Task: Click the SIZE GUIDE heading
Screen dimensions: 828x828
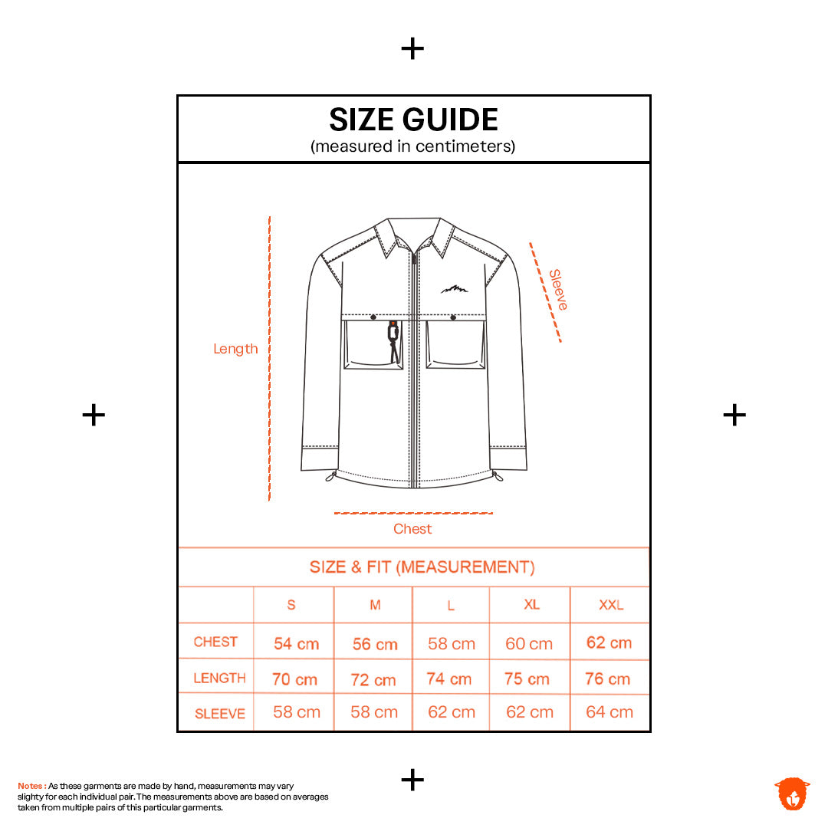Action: coord(413,120)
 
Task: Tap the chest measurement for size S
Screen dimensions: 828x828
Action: coord(296,643)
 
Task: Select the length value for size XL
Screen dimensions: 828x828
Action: coord(527,678)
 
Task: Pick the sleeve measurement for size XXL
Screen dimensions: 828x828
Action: coord(609,711)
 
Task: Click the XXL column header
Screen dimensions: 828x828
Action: coord(611,605)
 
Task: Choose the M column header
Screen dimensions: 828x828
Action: coord(375,605)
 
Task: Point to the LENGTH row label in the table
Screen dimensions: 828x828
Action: coord(220,678)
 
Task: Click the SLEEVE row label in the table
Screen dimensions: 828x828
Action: coord(220,714)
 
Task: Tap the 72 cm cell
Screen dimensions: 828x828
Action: coord(373,679)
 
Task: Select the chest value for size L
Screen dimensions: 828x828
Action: coord(452,644)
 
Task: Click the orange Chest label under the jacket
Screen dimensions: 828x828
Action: coord(412,528)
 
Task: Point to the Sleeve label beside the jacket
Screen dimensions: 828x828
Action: coord(558,290)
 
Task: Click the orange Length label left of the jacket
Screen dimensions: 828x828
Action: coord(235,349)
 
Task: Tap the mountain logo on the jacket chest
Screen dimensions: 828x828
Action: coord(454,289)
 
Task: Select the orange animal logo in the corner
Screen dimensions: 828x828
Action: coord(792,793)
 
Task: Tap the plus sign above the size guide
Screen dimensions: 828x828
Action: coord(412,49)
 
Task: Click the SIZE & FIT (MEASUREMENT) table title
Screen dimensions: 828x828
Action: coord(422,567)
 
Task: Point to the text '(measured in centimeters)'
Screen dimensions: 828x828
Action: coord(413,146)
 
